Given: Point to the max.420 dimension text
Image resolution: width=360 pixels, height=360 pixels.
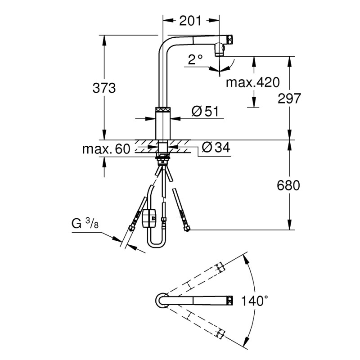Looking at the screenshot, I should coord(252,82).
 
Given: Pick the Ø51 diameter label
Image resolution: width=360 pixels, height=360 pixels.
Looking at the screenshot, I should coord(207,112).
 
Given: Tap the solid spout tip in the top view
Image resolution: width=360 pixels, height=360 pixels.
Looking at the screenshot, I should coord(229,300).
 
